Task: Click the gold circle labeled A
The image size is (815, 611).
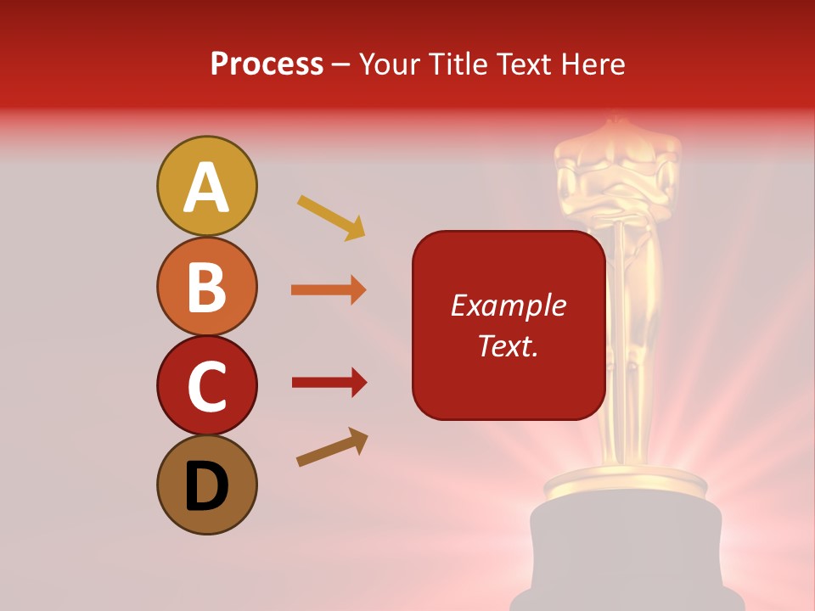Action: pos(206,186)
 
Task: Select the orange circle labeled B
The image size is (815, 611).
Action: pos(206,286)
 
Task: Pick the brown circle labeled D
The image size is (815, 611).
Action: pos(206,485)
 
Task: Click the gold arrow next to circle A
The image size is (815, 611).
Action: pos(331,217)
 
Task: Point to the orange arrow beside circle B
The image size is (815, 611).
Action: pos(329,290)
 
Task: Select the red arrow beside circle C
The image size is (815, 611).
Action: pos(329,383)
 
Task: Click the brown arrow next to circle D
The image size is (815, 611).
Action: pos(332,447)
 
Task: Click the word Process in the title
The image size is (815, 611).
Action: pos(267,64)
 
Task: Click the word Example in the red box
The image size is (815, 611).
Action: pos(508,305)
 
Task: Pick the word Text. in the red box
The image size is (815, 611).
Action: pos(508,345)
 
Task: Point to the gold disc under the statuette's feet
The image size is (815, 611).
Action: pos(626,485)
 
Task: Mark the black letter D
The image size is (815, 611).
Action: pos(206,487)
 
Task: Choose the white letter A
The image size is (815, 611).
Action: pos(206,188)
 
